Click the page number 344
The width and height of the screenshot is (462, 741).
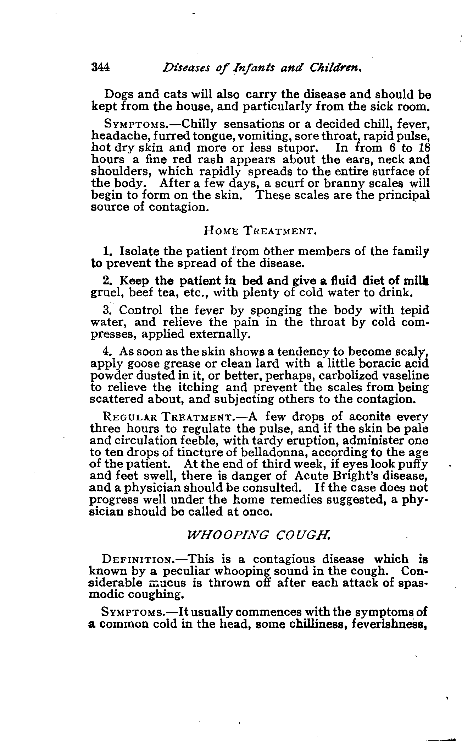click(x=100, y=67)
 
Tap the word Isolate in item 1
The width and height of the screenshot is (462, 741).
click(x=139, y=251)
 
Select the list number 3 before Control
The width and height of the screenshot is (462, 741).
click(x=107, y=310)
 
